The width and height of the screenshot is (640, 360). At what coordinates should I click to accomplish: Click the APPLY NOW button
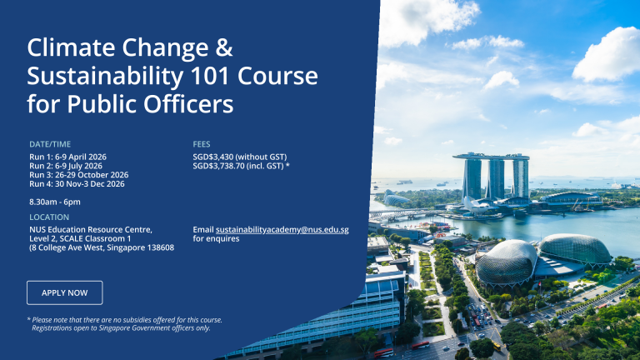(65, 292)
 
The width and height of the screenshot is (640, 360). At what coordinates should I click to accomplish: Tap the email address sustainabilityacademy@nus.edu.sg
(282, 229)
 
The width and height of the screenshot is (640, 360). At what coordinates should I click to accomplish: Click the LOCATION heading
(48, 217)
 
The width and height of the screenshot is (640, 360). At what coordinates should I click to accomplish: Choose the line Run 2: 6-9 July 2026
(66, 166)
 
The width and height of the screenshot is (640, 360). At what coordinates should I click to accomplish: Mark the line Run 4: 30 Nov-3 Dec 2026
(77, 184)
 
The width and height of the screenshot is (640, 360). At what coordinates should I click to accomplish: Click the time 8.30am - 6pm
(55, 202)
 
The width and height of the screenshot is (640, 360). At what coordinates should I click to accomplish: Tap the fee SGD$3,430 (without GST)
(240, 157)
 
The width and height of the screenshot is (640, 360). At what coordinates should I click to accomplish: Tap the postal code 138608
(157, 247)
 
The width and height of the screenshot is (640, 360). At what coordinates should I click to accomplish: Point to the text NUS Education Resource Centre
(91, 229)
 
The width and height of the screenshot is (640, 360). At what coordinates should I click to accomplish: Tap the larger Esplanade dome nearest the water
(575, 247)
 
